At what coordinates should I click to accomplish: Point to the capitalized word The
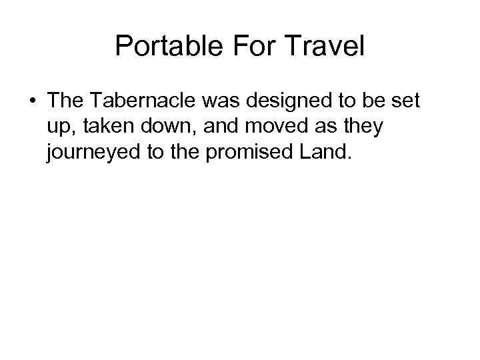point(65,102)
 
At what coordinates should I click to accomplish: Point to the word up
point(59,128)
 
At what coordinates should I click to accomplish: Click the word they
point(362,127)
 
